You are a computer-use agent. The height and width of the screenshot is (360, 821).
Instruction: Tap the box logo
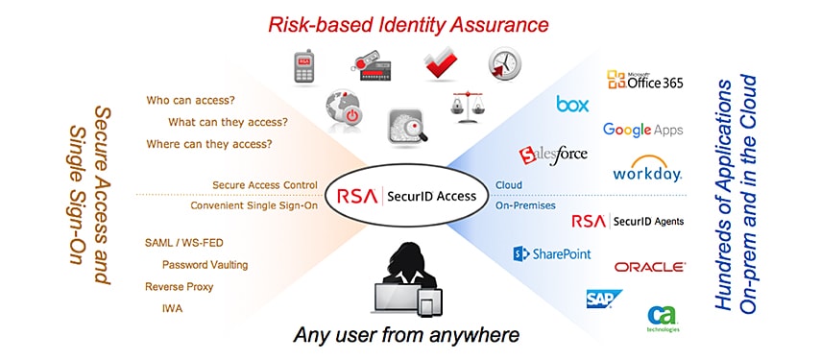coord(572,104)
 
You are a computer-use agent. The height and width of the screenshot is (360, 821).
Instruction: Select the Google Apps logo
coord(642,130)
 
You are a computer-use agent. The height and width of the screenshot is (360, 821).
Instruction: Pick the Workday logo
coord(647,171)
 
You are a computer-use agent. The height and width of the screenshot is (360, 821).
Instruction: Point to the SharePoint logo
coord(551,253)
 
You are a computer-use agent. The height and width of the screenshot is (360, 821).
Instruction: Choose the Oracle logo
coord(649,266)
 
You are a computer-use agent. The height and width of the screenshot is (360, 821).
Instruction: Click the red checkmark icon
coord(441,63)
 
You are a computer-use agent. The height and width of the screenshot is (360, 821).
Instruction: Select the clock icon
coord(504,64)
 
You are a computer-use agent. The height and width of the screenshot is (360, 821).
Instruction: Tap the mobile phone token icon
coord(305,66)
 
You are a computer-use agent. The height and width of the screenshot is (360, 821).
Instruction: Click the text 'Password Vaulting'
coord(205,264)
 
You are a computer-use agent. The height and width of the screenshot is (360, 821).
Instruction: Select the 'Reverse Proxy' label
coord(179,286)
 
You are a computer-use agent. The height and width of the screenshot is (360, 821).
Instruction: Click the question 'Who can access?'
coord(191,100)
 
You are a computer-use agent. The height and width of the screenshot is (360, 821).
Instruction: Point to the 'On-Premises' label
coord(524,204)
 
